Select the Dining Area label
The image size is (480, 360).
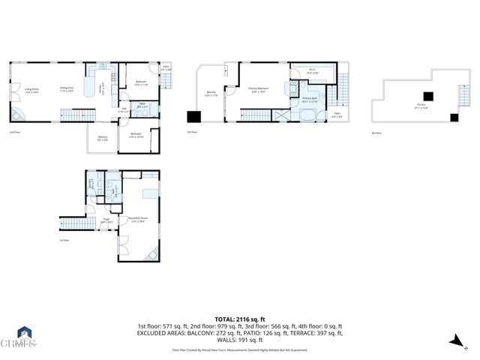[x=67, y=88]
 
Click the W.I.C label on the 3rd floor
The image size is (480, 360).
[x=312, y=73]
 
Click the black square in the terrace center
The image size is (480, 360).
[x=427, y=96]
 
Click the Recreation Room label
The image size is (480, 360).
[x=137, y=220]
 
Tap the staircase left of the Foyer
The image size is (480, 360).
[x=73, y=223]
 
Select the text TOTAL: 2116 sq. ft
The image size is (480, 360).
[x=239, y=319]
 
